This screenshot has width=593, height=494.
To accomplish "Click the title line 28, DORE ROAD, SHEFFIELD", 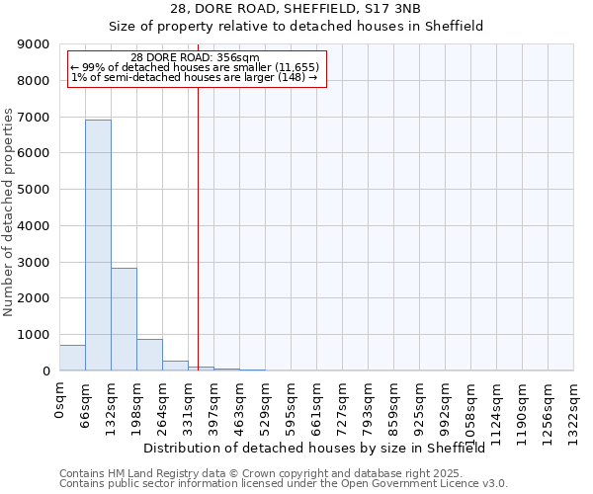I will coord(296,9).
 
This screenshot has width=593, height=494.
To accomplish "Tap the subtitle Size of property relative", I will coord(296,27).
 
